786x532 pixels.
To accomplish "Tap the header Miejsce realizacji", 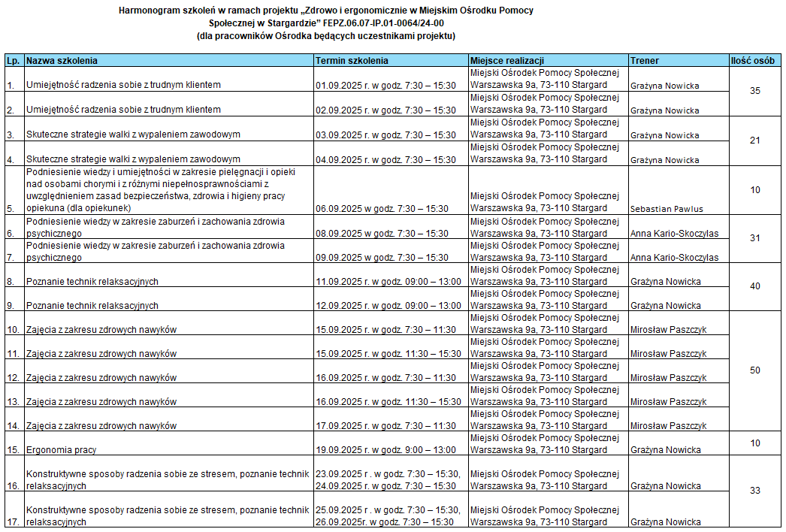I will point(506,60).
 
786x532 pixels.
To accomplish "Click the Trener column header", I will point(645,60).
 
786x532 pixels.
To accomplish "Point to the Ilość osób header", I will point(755,60).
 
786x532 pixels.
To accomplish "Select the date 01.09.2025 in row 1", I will point(339,86).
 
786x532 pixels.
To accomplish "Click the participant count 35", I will point(755,91).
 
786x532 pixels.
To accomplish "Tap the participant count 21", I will point(755,141).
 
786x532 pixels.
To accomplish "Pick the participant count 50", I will point(755,370).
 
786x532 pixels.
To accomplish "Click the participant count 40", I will point(755,286).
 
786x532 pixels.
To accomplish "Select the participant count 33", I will point(755,491).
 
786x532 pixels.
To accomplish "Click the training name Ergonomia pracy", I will point(62,450).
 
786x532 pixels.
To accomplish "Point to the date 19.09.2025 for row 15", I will point(339,450).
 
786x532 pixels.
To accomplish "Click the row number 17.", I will point(13,522).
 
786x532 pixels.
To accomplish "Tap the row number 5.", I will point(11,209).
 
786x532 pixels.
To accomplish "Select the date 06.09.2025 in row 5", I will point(339,208).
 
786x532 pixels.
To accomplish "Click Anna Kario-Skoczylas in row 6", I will point(674,234).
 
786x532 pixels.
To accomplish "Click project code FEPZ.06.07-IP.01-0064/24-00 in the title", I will point(386,23).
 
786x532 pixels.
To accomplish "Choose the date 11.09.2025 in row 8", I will point(339,282).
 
